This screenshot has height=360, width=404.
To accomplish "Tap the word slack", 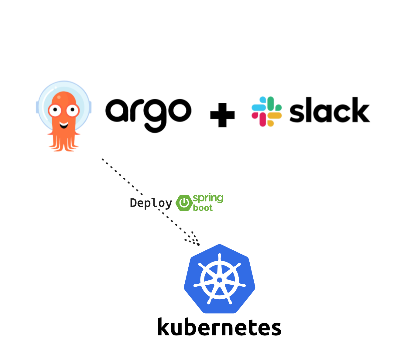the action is pos(330,110).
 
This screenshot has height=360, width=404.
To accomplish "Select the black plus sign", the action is pos(222,115).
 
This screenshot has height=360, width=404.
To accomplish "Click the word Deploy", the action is pos(151,203).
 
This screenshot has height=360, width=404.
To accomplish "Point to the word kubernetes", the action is pos(219,327).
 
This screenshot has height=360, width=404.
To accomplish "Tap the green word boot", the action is pos(203,208).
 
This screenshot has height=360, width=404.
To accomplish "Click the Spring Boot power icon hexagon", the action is pos(184,203).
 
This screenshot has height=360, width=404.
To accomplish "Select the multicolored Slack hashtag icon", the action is pos(266,111).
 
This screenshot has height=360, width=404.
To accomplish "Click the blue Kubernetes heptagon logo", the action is pos(219,279).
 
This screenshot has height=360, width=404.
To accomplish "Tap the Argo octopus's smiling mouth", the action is pos(64,125).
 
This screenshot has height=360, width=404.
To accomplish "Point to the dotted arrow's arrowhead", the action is pos(196,242).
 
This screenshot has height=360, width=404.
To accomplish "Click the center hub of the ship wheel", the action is pos(219,280).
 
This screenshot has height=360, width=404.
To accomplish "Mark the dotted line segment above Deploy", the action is pos(122,176).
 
